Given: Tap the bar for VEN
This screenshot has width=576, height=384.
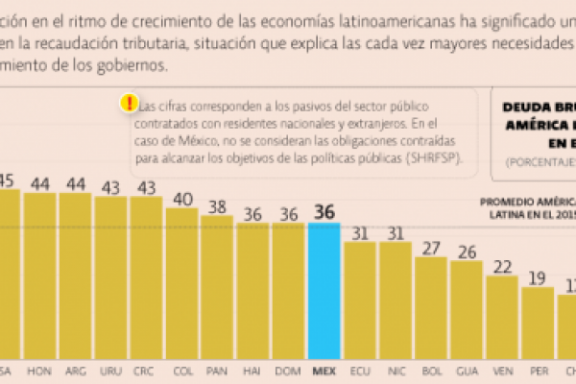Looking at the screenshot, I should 502,317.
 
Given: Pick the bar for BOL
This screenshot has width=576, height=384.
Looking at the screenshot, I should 431,307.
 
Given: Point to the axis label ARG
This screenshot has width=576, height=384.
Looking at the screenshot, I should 76,369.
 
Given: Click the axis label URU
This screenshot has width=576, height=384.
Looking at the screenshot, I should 111,369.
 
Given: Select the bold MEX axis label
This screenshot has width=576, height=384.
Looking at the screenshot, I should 324,369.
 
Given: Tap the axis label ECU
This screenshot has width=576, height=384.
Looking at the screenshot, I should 360,369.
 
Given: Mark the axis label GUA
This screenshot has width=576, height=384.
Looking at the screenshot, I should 467,369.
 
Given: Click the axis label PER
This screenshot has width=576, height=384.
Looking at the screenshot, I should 538,369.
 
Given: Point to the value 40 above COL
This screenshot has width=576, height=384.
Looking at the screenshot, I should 182,199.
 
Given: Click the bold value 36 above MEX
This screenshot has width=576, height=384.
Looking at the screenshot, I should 324,213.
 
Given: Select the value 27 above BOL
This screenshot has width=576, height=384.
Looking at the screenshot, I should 431,247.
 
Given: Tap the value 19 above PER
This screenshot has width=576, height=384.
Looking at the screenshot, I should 538,278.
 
